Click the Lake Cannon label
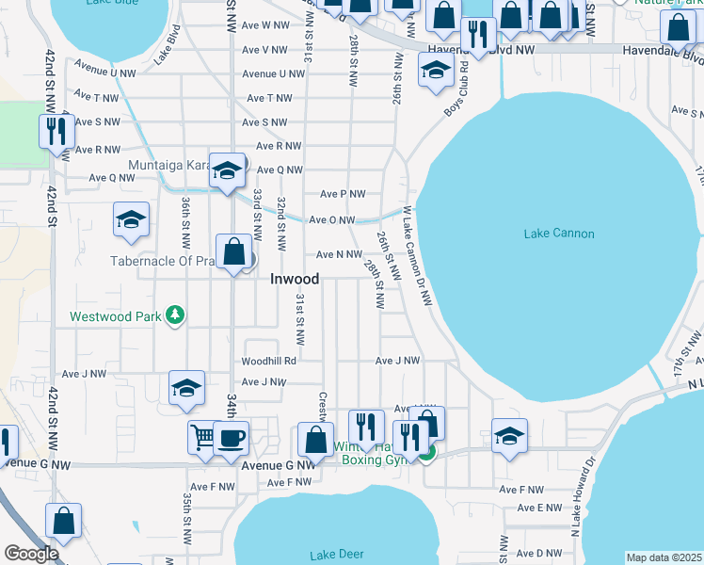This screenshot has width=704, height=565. pos(559,234)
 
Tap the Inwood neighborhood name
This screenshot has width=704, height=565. pos(295,279)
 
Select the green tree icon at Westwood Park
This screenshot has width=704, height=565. pos(174,316)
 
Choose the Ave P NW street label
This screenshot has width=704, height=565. pos(343,194)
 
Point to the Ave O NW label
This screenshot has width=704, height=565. pos(332,220)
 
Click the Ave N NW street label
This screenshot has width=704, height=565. pos(339,254)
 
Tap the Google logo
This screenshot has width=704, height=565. pos(30,554)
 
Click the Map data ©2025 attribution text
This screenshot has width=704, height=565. pos(664,557)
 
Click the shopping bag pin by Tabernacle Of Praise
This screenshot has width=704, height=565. pos(234,252)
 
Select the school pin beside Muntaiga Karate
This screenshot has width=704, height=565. pos(227,171)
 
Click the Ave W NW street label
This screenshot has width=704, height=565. pos(265,24)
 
